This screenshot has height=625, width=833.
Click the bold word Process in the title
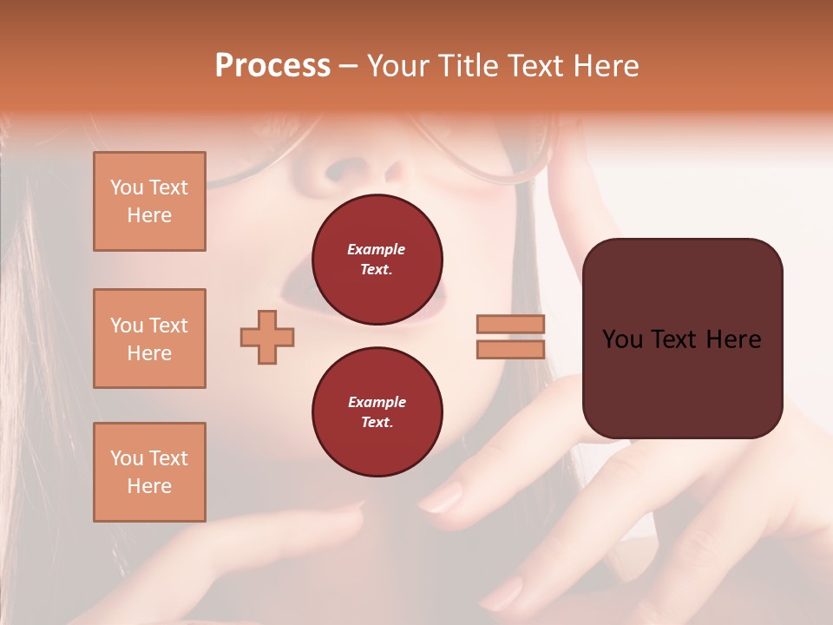coord(272,66)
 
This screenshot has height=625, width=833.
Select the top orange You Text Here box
coord(149,201)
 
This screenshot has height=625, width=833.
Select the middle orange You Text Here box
coord(149,339)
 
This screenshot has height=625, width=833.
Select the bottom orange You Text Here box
coord(149,472)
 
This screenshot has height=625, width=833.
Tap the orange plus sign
coord(267,337)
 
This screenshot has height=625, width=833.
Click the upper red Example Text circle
coord(377,260)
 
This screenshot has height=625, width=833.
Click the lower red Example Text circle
coord(377,412)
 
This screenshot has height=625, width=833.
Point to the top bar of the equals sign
coord(510,324)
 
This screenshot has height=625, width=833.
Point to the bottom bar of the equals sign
coord(510,349)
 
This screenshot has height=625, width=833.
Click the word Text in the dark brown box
coord(679,339)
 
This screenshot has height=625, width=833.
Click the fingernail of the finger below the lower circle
coord(443,498)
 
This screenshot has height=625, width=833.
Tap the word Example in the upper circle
coord(377,249)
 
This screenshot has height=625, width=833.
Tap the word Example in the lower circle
coord(377,402)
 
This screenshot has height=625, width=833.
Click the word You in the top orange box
coord(127,187)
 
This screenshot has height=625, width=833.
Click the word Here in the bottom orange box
coord(149,486)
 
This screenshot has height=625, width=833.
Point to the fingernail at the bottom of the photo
coord(503,595)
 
